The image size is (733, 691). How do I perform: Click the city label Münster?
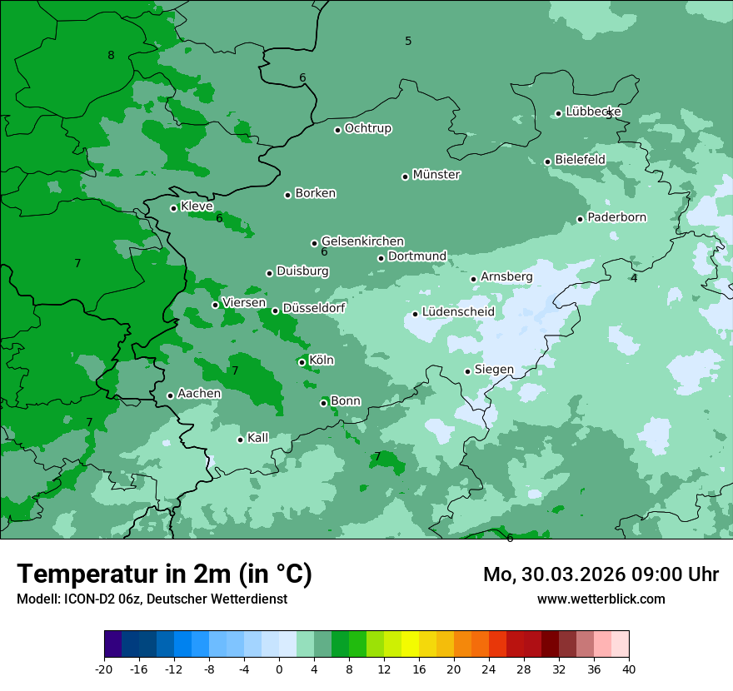[436, 175]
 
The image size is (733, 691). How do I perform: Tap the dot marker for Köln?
[302, 362]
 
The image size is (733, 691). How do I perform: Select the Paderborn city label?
[616, 217]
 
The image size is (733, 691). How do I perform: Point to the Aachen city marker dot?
[170, 395]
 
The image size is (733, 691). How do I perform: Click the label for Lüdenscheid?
[458, 312]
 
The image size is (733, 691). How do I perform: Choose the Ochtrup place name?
[368, 128]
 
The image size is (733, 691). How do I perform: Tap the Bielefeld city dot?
[547, 162]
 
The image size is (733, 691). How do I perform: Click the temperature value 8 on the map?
[111, 56]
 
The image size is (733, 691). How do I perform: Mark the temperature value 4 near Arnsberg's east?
[634, 278]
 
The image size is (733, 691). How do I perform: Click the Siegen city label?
[494, 370]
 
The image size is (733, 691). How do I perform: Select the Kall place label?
[258, 438]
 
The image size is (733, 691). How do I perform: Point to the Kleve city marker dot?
[173, 208]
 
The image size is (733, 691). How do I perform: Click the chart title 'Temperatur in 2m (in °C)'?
[165, 574]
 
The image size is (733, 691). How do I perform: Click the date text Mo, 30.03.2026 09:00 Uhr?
[601, 574]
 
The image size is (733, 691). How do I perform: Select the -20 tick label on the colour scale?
[104, 669]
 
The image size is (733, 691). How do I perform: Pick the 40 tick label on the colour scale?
[629, 669]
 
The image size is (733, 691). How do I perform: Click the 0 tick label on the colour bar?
[279, 669]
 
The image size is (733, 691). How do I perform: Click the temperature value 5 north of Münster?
[408, 41]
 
